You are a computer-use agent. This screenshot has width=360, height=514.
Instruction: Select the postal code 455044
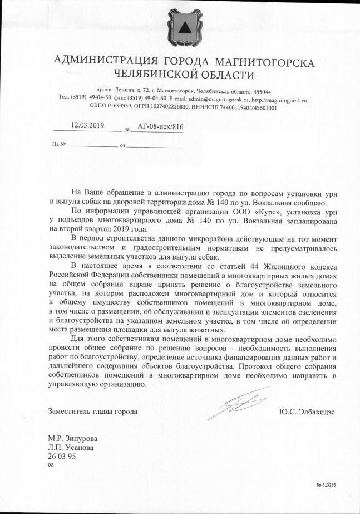259,91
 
